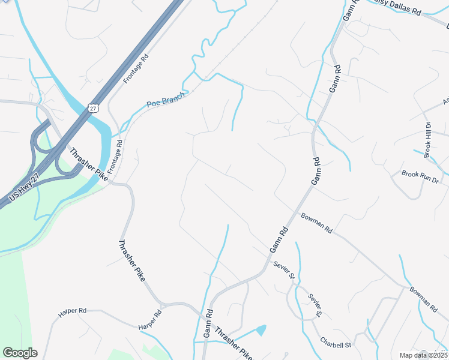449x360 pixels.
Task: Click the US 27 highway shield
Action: [91, 108]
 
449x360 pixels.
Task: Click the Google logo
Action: [20, 353]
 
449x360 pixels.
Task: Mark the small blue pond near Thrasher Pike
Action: [261, 329]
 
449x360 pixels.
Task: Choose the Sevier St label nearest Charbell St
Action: [315, 305]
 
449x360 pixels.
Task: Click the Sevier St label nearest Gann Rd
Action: [284, 271]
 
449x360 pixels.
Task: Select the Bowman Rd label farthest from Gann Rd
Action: [423, 299]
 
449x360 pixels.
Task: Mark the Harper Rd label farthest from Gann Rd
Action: [72, 311]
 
